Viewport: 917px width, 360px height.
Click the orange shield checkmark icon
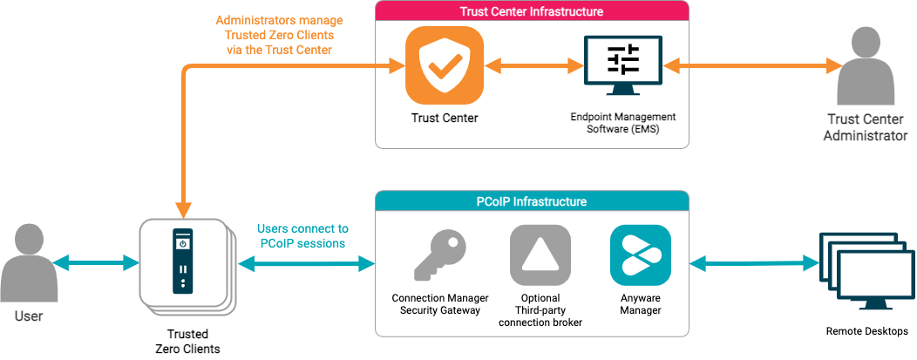pyautogui.click(x=444, y=65)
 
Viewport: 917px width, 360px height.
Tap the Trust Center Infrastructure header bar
pyautogui.click(x=532, y=11)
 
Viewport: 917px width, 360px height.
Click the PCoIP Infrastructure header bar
pyautogui.click(x=532, y=201)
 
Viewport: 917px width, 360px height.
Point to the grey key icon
pyautogui.click(x=438, y=255)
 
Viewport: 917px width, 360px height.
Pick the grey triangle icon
pyautogui.click(x=540, y=255)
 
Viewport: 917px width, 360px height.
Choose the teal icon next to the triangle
pyautogui.click(x=641, y=255)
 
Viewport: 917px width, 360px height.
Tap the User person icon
pyautogui.click(x=29, y=262)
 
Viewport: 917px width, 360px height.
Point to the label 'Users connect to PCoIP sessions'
pyautogui.click(x=302, y=235)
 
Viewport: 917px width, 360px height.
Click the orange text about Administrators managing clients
pyautogui.click(x=280, y=35)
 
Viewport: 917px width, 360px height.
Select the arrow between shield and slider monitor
pyautogui.click(x=533, y=65)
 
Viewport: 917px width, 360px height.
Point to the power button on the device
pyautogui.click(x=182, y=244)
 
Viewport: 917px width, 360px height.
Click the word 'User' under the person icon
pyautogui.click(x=29, y=316)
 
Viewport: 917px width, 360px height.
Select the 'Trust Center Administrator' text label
pyautogui.click(x=866, y=127)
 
